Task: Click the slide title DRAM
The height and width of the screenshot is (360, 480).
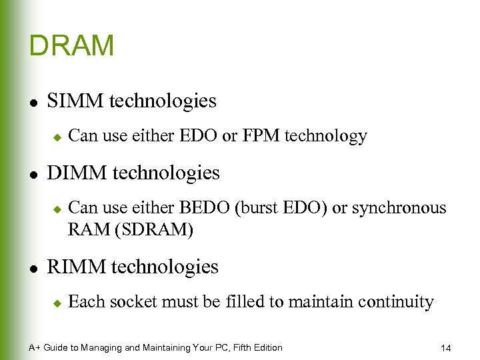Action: pyautogui.click(x=72, y=46)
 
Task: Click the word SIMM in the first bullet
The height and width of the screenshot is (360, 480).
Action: pyautogui.click(x=75, y=101)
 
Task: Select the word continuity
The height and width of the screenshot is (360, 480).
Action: pyautogui.click(x=395, y=302)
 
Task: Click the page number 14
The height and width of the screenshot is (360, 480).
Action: pyautogui.click(x=446, y=347)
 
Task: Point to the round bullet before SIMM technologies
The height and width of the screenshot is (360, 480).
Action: pyautogui.click(x=34, y=102)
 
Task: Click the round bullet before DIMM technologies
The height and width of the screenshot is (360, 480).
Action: pyautogui.click(x=34, y=174)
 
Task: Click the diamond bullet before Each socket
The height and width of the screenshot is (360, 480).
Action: pyautogui.click(x=57, y=303)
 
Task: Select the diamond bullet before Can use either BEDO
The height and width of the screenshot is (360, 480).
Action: pyautogui.click(x=57, y=209)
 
